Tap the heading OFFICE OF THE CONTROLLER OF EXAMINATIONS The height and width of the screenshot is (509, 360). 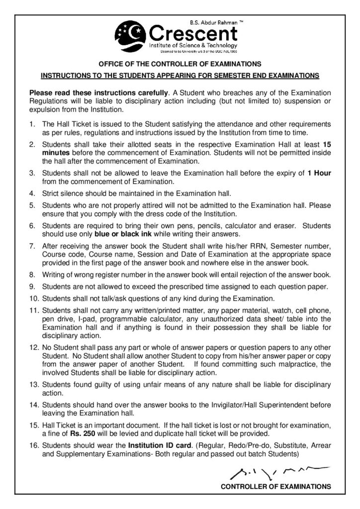click(180, 64)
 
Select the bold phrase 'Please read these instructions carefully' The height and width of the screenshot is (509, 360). click(99, 93)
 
